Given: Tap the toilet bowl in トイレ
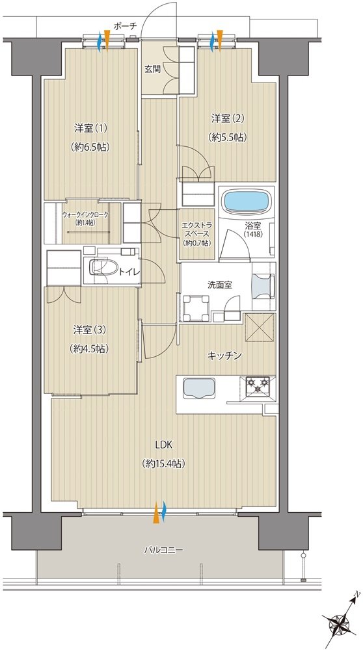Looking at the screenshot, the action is tap(102, 267).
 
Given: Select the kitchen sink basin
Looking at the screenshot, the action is tap(198, 389).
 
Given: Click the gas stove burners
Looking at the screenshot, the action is tap(258, 385).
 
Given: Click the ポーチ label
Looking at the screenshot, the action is tap(125, 26).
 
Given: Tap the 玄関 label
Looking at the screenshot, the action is tap(152, 70).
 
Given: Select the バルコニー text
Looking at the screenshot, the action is tap(163, 551).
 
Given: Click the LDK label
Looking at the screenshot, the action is tap(163, 445).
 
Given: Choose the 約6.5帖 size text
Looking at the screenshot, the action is tap(90, 147).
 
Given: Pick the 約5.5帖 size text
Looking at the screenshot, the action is tap(228, 137).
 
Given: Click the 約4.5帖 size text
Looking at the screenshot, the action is tap(90, 349).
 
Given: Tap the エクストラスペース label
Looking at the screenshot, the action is tap(197, 231).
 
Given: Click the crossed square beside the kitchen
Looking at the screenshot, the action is tap(260, 328).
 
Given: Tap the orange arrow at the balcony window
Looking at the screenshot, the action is tap(156, 513).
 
